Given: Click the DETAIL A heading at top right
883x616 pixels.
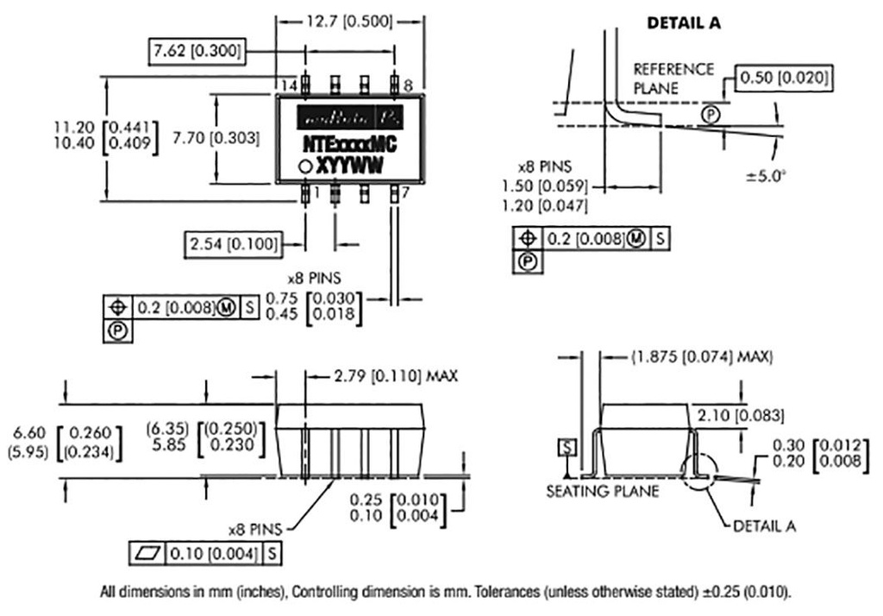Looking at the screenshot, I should [x=684, y=24].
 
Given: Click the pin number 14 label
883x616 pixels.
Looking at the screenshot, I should [x=290, y=85].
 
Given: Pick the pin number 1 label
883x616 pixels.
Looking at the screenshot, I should [x=316, y=192].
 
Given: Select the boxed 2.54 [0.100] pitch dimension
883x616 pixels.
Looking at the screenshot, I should [x=233, y=245].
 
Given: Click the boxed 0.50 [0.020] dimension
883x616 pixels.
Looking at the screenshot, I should [x=784, y=79].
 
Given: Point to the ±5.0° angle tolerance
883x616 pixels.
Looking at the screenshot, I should [x=766, y=176].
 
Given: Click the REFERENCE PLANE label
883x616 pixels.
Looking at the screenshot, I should [x=673, y=78].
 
